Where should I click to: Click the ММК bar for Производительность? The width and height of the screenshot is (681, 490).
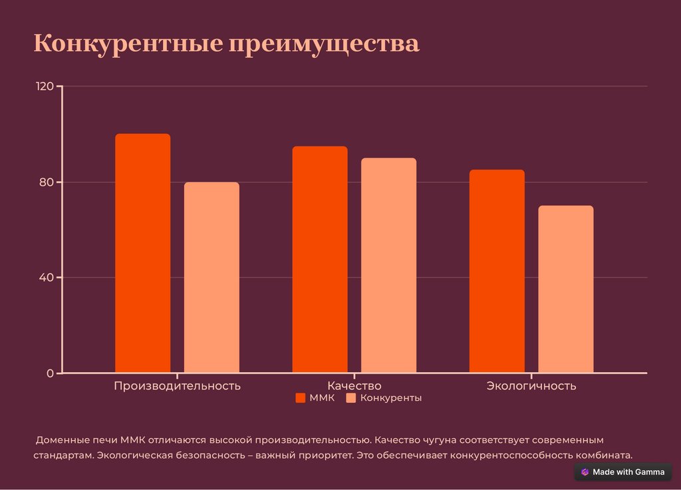click(x=142, y=253)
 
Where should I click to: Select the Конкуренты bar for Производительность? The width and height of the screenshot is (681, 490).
click(x=211, y=277)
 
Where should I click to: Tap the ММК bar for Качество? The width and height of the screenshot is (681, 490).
click(x=320, y=259)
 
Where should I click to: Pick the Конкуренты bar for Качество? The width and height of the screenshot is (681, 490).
click(x=388, y=265)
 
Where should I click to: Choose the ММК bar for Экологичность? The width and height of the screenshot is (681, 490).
click(x=497, y=271)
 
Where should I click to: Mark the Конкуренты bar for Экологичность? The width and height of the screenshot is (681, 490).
click(x=565, y=289)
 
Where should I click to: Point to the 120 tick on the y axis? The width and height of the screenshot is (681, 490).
click(x=45, y=87)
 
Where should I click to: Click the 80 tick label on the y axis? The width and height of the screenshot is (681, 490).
click(x=47, y=182)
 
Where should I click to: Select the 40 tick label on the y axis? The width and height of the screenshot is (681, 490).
click(x=47, y=278)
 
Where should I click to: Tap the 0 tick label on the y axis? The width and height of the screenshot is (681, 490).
click(x=50, y=373)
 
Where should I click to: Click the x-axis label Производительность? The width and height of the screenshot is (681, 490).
click(x=177, y=385)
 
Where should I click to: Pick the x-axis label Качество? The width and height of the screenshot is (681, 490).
click(x=354, y=385)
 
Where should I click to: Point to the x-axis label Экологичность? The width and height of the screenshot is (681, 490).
click(x=531, y=385)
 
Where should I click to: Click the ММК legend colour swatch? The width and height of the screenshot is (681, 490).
click(x=300, y=398)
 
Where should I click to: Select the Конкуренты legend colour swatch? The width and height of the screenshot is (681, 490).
click(x=351, y=398)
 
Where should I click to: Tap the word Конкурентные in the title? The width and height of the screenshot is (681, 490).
click(x=127, y=44)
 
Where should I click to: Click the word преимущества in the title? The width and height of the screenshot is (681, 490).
click(x=325, y=44)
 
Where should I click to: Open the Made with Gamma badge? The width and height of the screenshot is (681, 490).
click(x=622, y=472)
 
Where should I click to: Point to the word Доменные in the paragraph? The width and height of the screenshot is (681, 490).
click(x=63, y=440)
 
